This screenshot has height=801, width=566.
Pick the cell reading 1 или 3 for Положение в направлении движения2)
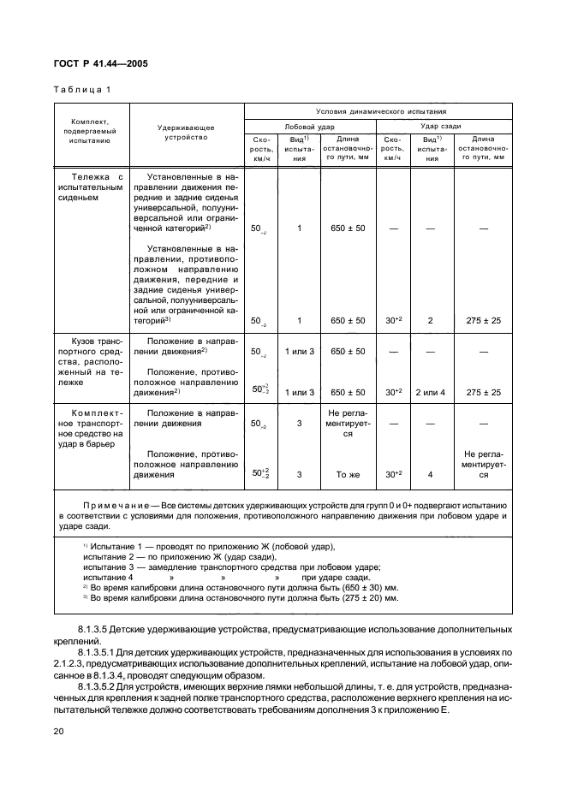300,352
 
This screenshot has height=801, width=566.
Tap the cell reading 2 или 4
431,392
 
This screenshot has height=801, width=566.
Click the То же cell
348,473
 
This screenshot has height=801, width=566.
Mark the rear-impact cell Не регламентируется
483,464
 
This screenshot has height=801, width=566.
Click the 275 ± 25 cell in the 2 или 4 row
483,392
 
